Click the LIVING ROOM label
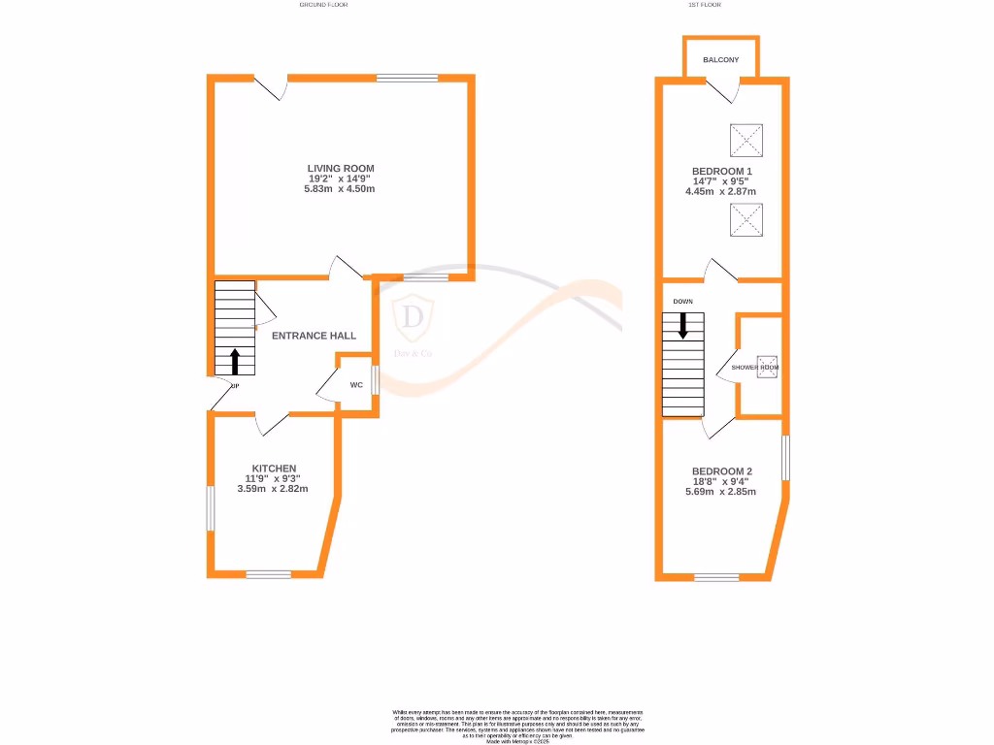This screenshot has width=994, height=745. [341, 169]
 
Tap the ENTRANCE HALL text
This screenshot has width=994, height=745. [314, 336]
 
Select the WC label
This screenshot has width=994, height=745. [356, 385]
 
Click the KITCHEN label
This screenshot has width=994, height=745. [274, 469]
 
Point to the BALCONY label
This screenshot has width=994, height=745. [721, 60]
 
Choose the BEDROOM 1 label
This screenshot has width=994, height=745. [721, 171]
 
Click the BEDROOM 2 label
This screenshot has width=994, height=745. [721, 472]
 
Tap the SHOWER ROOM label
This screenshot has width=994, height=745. [755, 368]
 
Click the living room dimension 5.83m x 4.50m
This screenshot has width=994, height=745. [339, 189]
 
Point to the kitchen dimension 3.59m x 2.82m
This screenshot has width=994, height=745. [273, 489]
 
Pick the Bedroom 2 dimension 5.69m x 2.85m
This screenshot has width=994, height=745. [721, 492]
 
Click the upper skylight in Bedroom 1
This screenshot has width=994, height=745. [746, 141]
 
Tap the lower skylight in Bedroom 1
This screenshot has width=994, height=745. [746, 220]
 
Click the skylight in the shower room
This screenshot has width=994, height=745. [767, 368]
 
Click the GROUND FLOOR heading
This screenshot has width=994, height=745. [323, 5]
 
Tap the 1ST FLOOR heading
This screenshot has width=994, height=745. [702, 5]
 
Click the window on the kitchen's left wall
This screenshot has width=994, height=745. [210, 506]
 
